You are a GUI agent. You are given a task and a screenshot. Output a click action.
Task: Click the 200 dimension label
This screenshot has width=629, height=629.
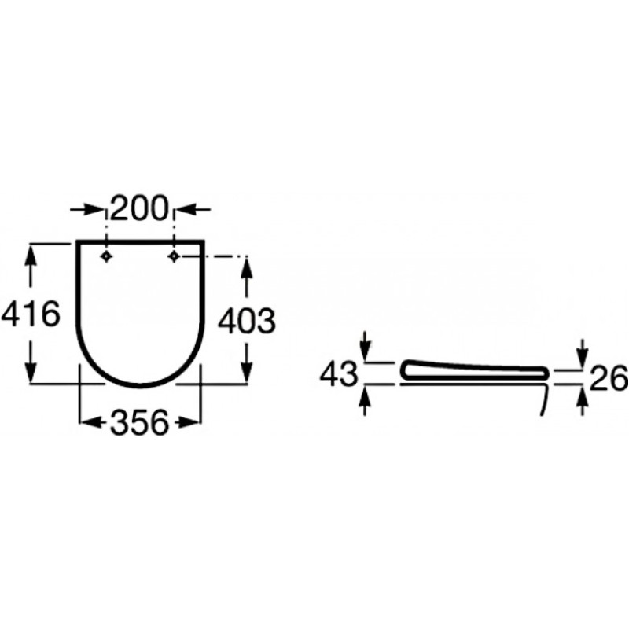pyautogui.click(x=138, y=208)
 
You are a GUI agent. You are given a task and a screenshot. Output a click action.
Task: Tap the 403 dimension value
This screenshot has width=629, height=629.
pyautogui.click(x=247, y=321)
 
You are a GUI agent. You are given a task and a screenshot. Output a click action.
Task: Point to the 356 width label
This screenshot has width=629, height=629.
pyautogui.click(x=139, y=422)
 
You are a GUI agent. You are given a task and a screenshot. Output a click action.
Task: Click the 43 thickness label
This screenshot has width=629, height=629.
pyautogui.click(x=339, y=374)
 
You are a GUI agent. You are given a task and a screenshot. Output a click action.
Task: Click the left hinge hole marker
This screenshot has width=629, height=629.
pyautogui.click(x=106, y=256)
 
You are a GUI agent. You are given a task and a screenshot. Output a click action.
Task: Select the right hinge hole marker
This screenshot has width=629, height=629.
pyautogui.click(x=174, y=256)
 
